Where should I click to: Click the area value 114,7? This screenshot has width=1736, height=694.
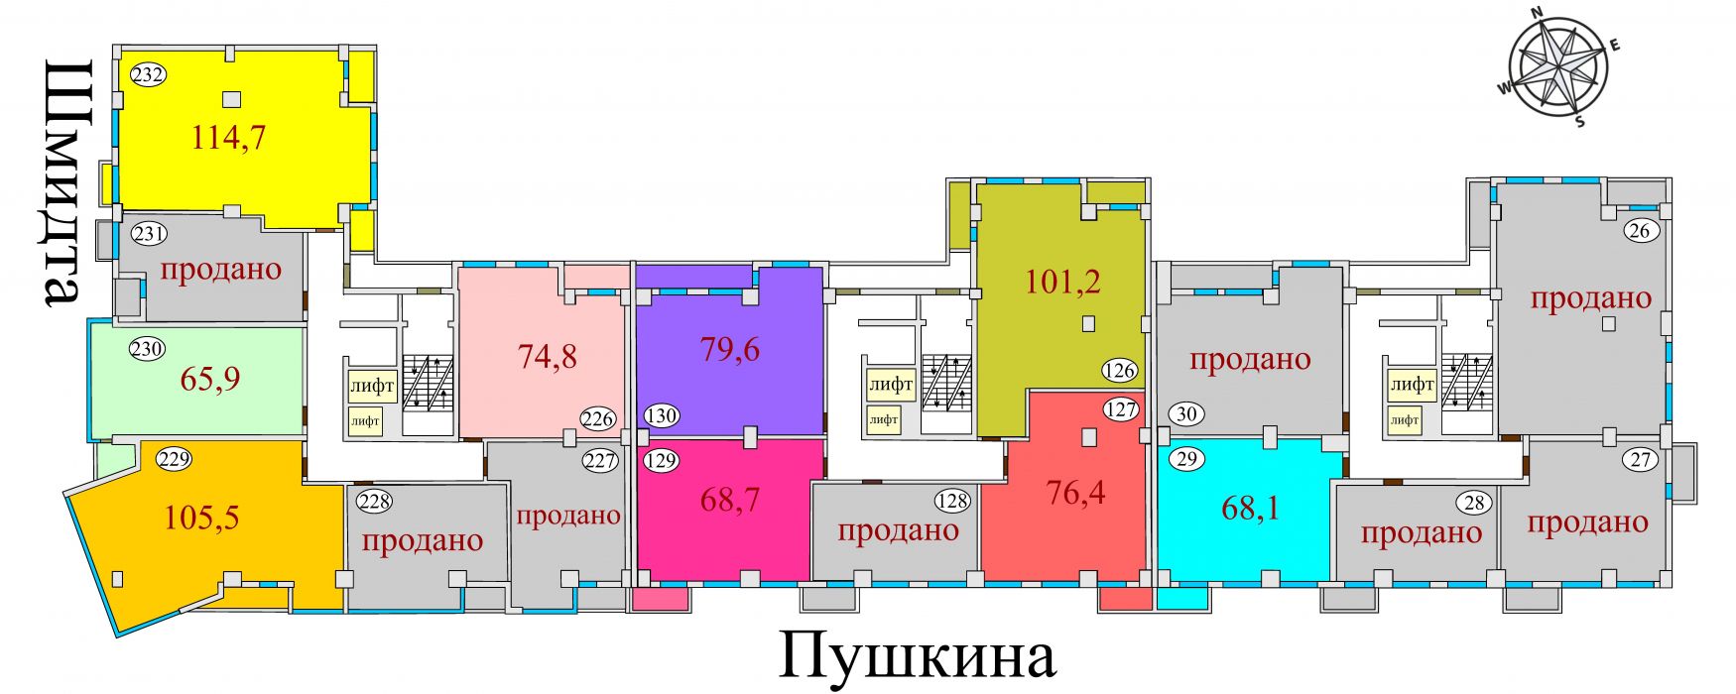point(228,137)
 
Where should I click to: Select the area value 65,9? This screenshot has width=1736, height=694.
point(210,379)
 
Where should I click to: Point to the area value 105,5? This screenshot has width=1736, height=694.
point(201,517)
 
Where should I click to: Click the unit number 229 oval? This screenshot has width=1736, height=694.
point(174,459)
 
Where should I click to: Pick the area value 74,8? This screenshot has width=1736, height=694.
point(548,355)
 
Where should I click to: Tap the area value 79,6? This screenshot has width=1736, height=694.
point(730,349)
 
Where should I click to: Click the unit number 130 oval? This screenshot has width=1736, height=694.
point(662,415)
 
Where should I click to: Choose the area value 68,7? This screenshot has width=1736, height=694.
point(730,500)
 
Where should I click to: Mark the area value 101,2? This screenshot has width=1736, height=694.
point(1062,283)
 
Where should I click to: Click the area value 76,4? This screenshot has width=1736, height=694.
point(1075,492)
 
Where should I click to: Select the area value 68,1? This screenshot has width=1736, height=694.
point(1250,508)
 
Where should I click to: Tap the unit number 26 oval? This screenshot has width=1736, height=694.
point(1640,231)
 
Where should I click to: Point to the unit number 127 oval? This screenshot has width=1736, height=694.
point(1120,408)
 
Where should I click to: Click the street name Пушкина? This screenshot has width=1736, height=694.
point(917,655)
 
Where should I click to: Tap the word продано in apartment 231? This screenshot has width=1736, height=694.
point(220,270)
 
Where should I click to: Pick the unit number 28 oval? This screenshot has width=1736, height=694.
point(1475,503)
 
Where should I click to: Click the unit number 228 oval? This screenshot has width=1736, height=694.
point(374,501)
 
